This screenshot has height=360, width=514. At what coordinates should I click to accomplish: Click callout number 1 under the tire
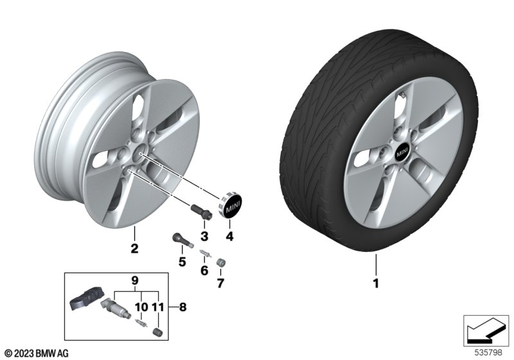coord(377,283)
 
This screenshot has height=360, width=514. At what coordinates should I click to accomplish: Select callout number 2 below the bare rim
coord(134,248)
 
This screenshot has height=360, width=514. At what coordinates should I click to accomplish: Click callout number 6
coord(205,271)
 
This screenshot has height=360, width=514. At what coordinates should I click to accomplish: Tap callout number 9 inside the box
coord(136,280)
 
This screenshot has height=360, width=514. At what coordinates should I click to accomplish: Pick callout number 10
coord(141,307)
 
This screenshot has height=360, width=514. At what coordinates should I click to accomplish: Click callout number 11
coord(158,307)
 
